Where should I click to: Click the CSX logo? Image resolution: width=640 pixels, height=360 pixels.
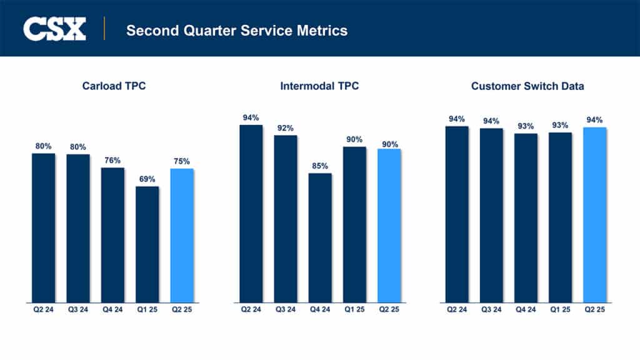point(54,29)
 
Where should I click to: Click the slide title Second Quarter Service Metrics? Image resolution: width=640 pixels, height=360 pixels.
point(236,30)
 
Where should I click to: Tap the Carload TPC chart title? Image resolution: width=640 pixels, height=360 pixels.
point(114,86)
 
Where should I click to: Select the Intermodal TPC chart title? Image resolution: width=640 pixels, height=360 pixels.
point(319,86)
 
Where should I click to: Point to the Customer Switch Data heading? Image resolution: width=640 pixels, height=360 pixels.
point(527,86)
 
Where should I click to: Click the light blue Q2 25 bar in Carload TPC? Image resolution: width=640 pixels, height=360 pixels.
point(182,235)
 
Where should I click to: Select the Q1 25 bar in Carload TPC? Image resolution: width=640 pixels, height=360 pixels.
point(147,244)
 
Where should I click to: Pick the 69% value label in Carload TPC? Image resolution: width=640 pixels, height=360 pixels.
point(147,179)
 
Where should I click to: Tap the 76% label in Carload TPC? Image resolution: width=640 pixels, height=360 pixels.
point(112,160)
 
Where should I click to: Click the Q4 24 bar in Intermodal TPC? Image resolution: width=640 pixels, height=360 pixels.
point(320,237)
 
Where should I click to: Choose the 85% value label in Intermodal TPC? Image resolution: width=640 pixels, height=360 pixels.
point(320,166)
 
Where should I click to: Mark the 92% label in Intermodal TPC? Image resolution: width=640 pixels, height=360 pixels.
point(286,127)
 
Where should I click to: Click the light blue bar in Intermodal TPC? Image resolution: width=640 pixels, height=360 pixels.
point(389,225)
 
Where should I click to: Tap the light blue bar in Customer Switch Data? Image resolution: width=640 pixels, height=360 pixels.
point(595,215)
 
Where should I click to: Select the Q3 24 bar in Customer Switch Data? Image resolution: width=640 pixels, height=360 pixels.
point(491,215)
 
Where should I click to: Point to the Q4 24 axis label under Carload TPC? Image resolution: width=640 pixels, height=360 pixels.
point(112,309)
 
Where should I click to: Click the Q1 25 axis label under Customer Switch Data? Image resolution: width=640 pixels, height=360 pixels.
point(561,309)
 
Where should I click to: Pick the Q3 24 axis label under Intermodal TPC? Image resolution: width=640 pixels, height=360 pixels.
point(286,309)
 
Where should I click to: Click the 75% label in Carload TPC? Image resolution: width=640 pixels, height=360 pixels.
point(182,161)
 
